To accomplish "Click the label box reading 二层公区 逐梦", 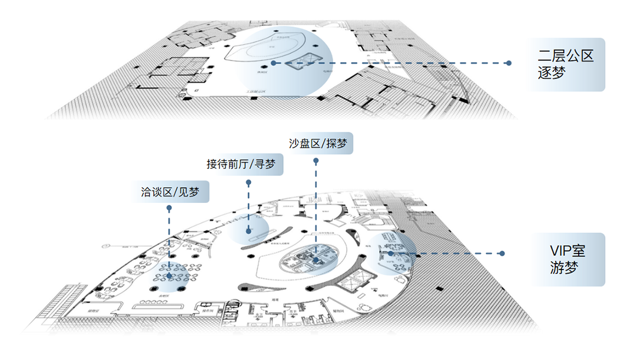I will pyautogui.click(x=566, y=65).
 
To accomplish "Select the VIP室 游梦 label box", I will pyautogui.click(x=566, y=259).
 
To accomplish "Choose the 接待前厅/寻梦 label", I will pyautogui.click(x=244, y=164).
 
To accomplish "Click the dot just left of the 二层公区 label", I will pyautogui.click(x=509, y=63).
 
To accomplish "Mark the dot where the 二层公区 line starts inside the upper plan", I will pyautogui.click(x=274, y=63).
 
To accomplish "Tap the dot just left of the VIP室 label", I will pyautogui.click(x=502, y=254).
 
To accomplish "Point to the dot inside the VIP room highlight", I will pyautogui.click(x=390, y=254).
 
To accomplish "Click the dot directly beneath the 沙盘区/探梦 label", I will pyautogui.click(x=317, y=161).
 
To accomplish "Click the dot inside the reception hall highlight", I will pyautogui.click(x=249, y=231).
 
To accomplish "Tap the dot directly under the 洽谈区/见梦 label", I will pyautogui.click(x=170, y=208).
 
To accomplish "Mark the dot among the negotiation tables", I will pyautogui.click(x=170, y=275).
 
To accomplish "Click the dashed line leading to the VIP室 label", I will pyautogui.click(x=453, y=254).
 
